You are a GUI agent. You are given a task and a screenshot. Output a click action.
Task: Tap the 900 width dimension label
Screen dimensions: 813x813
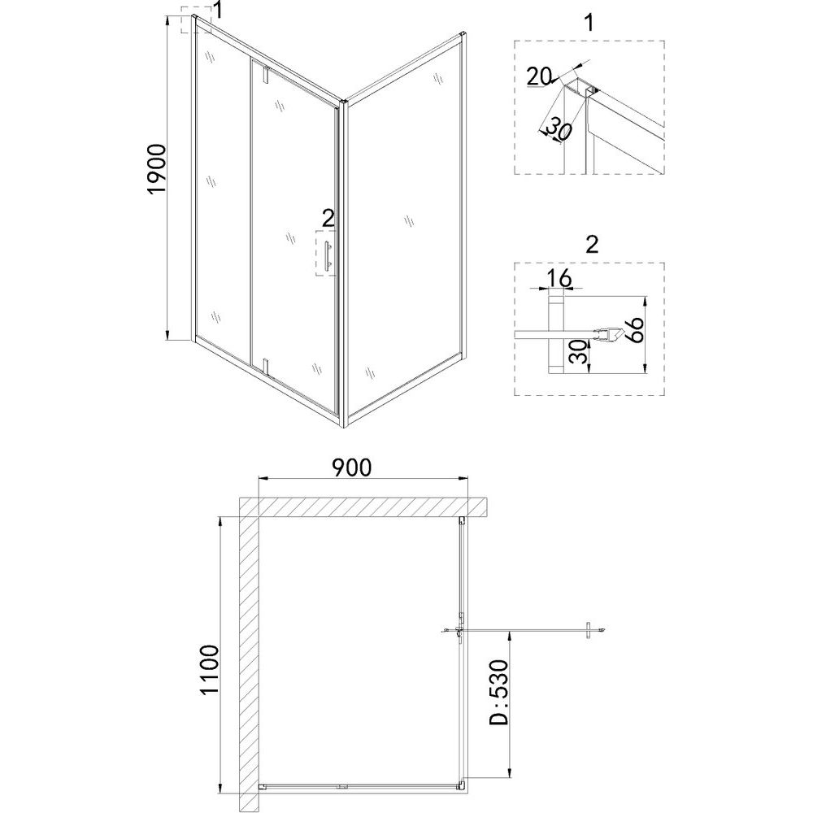tap(352, 467)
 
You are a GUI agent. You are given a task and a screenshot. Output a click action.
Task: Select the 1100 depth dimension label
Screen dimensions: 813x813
tap(209, 671)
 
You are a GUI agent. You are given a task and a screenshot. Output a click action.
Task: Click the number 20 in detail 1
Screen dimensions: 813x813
tap(539, 78)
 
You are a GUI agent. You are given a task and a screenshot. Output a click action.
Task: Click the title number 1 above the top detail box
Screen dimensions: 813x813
tap(589, 23)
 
